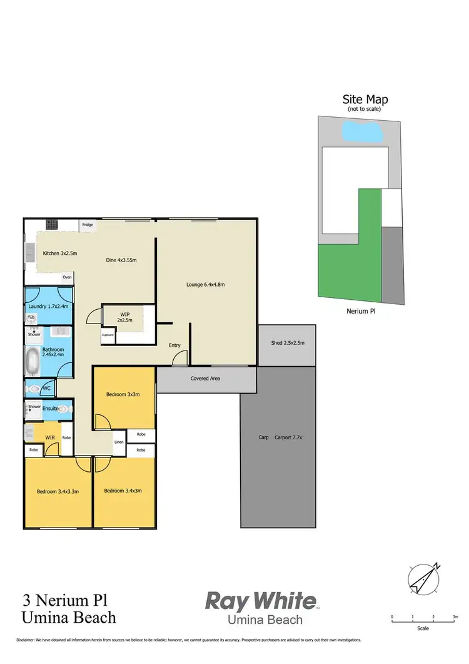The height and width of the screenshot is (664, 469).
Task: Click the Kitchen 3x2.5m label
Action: pyautogui.click(x=59, y=253)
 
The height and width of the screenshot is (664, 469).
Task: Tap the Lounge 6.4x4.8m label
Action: pyautogui.click(x=205, y=285)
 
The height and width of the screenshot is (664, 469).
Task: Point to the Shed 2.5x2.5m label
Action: pyautogui.click(x=288, y=342)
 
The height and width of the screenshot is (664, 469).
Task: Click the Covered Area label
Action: pyautogui.click(x=205, y=379)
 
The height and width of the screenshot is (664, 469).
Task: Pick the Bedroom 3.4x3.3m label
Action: pyautogui.click(x=57, y=491)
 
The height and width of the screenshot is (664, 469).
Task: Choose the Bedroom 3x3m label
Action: pyautogui.click(x=123, y=394)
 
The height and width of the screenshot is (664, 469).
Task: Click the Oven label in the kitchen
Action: pyautogui.click(x=66, y=277)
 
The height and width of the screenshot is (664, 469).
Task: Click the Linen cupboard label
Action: pyautogui.click(x=119, y=443)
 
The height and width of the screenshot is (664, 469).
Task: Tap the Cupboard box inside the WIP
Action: pyautogui.click(x=108, y=335)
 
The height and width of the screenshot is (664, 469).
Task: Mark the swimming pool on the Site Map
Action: pyautogui.click(x=363, y=132)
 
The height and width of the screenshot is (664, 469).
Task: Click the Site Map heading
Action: pyautogui.click(x=365, y=100)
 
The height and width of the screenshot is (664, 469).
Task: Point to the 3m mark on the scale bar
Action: pyautogui.click(x=454, y=617)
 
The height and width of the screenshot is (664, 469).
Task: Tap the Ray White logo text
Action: pyautogui.click(x=261, y=601)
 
